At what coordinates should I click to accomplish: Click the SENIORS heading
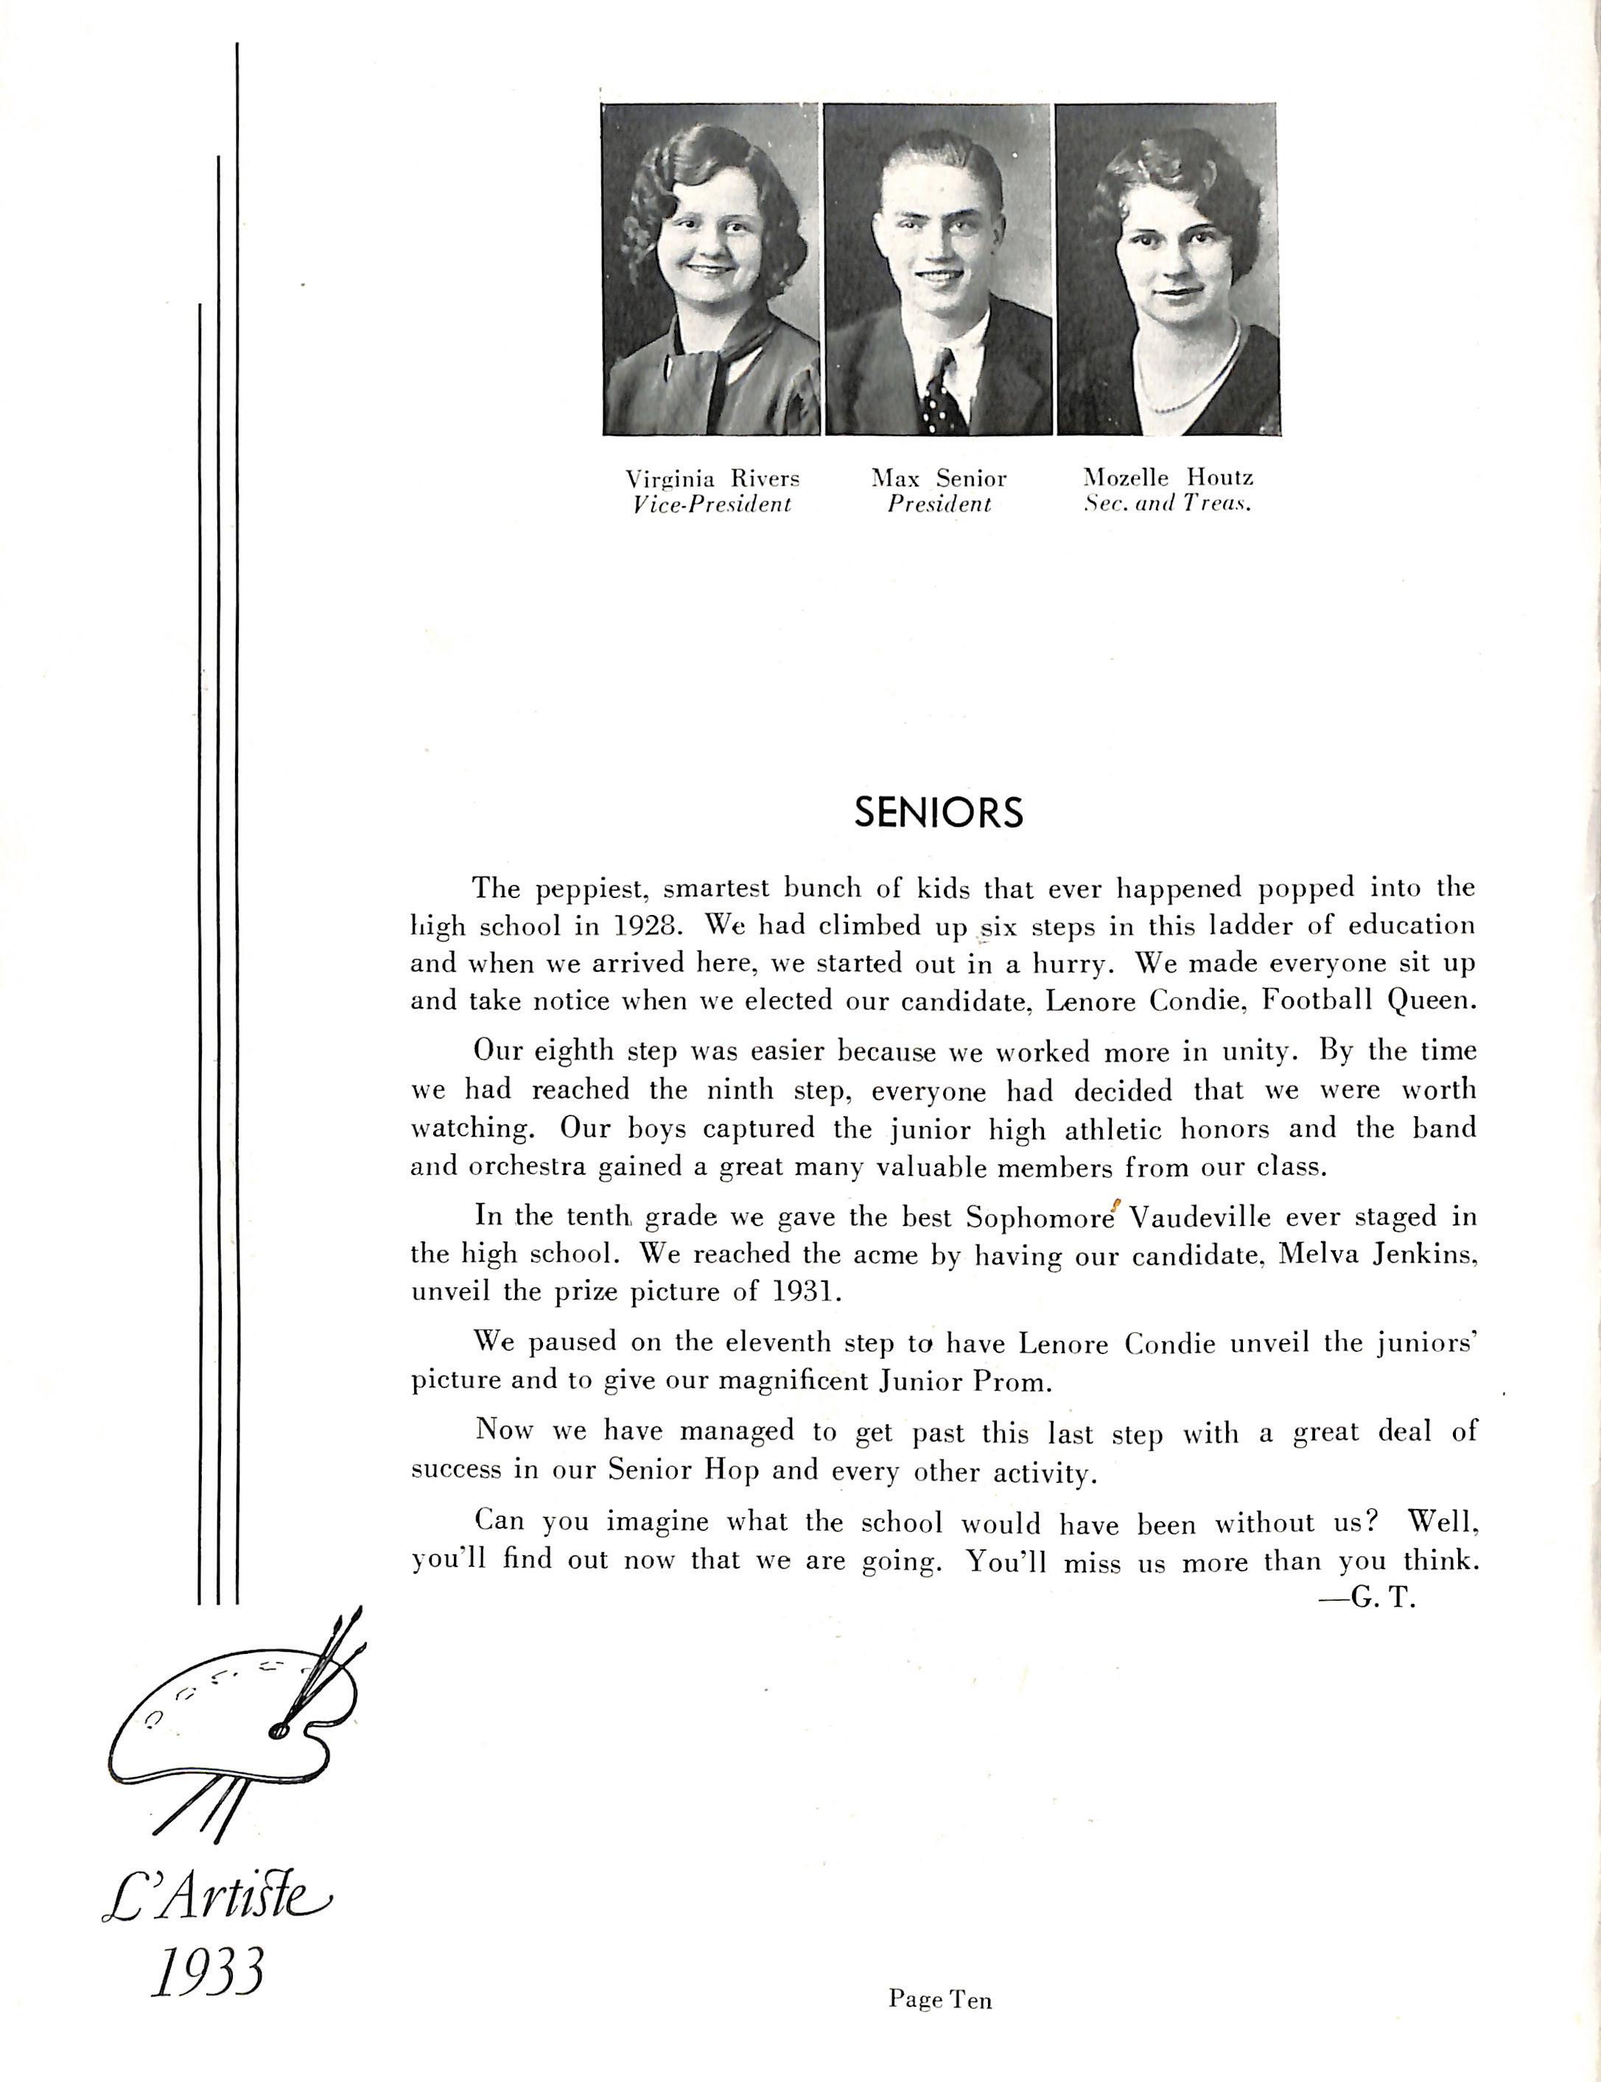[x=938, y=812]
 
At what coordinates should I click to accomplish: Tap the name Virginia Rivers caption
[x=712, y=478]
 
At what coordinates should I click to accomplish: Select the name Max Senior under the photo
[x=939, y=478]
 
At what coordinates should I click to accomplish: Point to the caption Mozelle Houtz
[x=1169, y=478]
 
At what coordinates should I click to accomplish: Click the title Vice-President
[x=712, y=504]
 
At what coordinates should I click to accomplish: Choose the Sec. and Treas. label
[x=1169, y=504]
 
